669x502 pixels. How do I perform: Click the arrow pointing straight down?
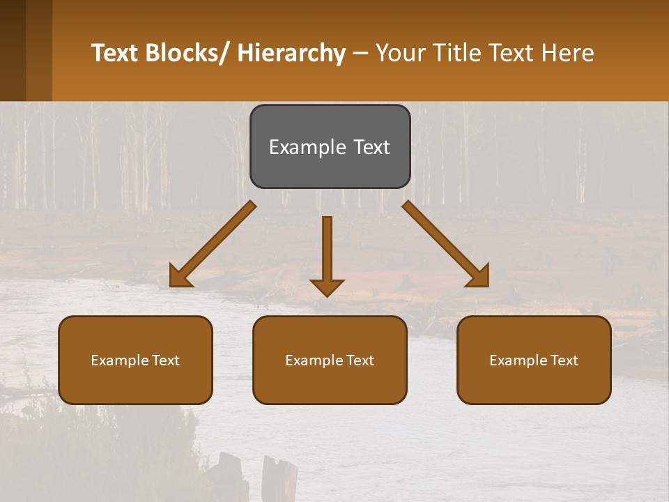[x=327, y=254]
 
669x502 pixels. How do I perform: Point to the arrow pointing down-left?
[x=213, y=244]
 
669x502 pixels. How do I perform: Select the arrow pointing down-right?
[x=446, y=244]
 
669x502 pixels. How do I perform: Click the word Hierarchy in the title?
[x=291, y=53]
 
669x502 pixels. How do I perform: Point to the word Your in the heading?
[x=401, y=53]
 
